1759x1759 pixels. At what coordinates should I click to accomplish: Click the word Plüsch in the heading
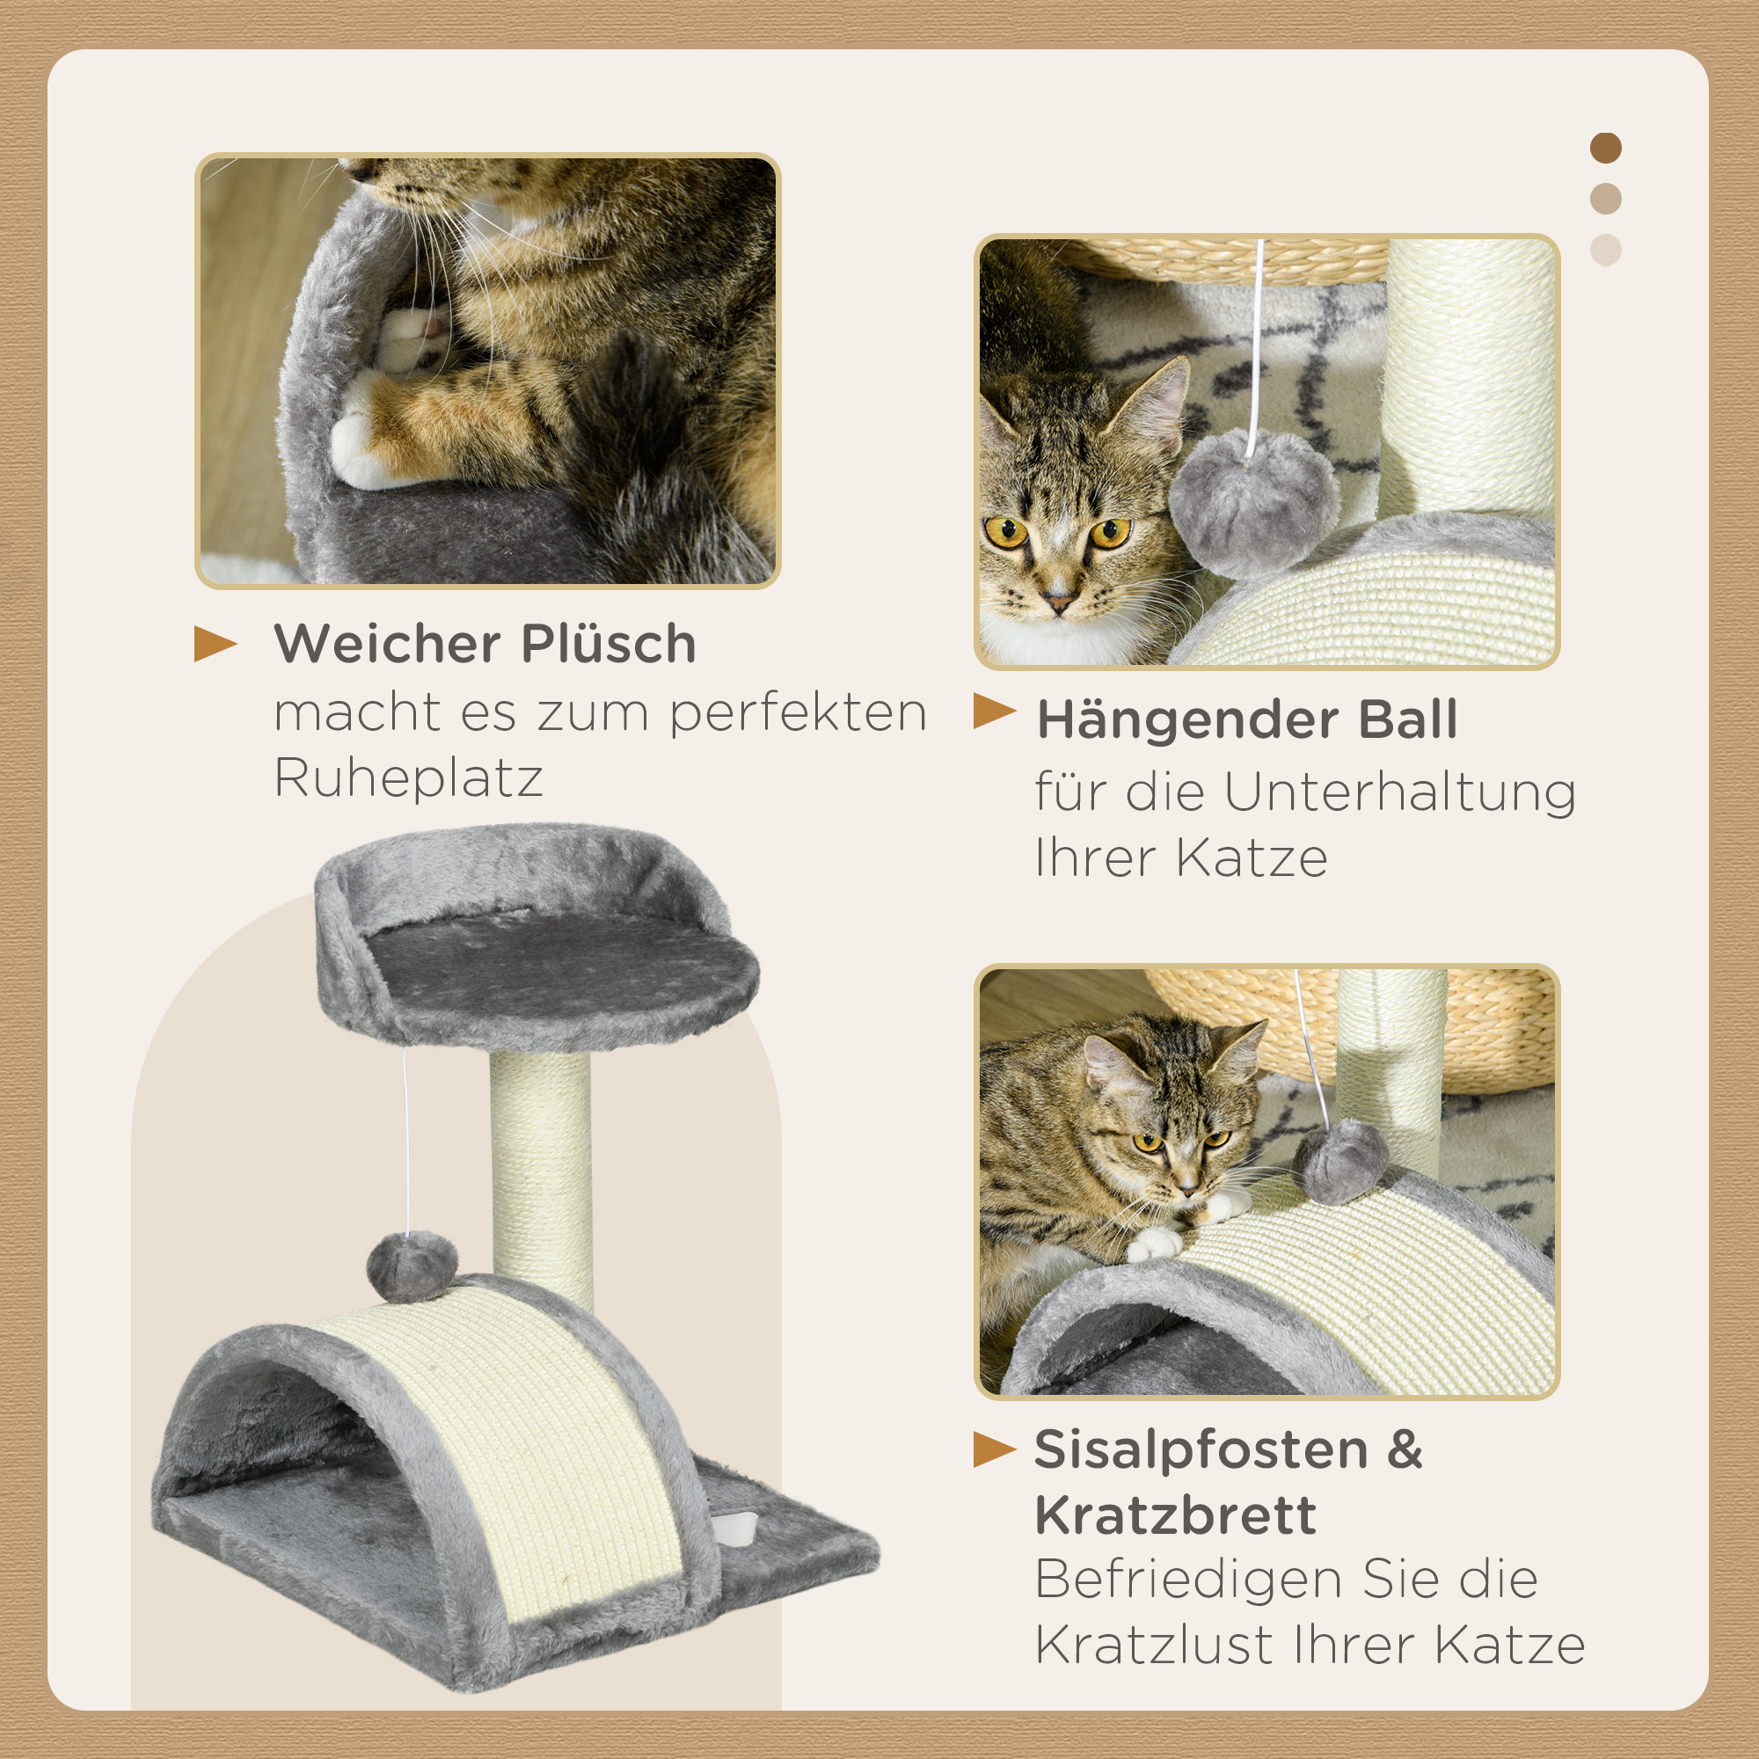tap(609, 645)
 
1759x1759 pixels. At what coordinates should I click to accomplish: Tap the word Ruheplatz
tap(408, 779)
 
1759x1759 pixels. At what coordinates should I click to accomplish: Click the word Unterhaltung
tap(1399, 792)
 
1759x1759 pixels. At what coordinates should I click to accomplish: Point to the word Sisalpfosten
tap(1201, 1449)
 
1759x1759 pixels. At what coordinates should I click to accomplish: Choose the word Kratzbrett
tap(1175, 1516)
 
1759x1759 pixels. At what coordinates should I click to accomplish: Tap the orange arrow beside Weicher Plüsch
tap(215, 644)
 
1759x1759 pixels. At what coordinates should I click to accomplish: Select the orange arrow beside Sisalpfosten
tap(993, 1449)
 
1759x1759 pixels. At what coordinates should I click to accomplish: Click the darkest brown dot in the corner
tap(1606, 148)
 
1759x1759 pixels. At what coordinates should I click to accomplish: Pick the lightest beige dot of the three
tap(1606, 251)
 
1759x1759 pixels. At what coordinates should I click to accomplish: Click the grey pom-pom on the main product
tap(412, 1266)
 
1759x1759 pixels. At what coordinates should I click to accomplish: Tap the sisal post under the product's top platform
tap(541, 1174)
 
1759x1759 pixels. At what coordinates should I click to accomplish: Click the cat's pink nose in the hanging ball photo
tap(1059, 602)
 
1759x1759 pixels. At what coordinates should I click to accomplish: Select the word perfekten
tap(799, 714)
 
